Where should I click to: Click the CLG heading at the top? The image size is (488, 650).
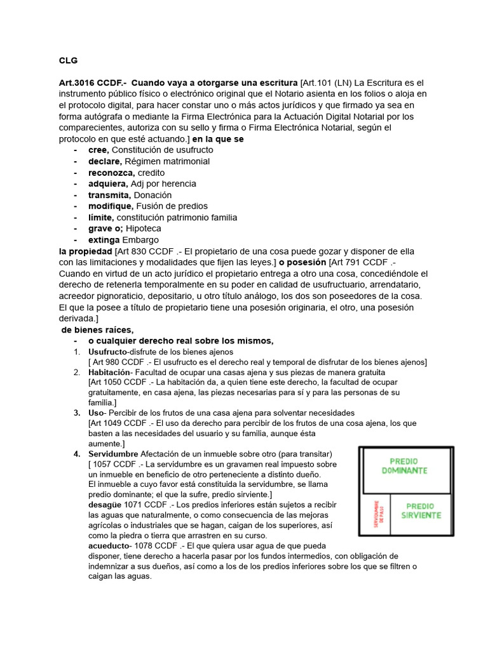pos(68,61)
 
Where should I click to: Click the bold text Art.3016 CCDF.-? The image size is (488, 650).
pos(93,83)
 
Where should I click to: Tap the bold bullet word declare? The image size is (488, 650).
pos(104,161)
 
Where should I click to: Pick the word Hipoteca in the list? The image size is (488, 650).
pos(144,229)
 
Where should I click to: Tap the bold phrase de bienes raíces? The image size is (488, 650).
pos(97,329)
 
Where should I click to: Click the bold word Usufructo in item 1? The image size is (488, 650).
pos(107,352)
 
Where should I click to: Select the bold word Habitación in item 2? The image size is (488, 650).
pos(109,372)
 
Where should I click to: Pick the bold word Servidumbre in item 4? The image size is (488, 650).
pos(113,454)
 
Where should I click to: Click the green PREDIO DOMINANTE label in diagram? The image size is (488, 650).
pos(404,467)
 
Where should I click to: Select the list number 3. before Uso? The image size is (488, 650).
pos(77,413)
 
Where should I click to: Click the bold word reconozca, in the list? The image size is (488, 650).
pos(111,173)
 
